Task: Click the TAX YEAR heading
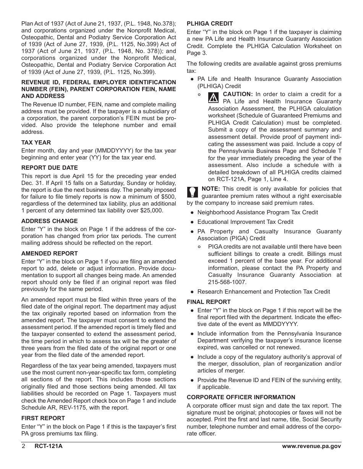click(x=36, y=142)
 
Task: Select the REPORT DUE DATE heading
click(x=49, y=168)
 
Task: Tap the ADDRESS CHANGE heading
click(x=49, y=221)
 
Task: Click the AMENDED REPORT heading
click(x=49, y=253)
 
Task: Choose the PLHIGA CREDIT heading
click(x=210, y=23)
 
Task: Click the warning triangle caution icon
click(x=213, y=98)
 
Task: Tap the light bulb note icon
click(x=193, y=192)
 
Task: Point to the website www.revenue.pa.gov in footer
click(x=311, y=447)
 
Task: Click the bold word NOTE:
click(x=210, y=189)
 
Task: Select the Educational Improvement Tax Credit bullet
click(x=245, y=222)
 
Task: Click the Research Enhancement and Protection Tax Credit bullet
click(x=263, y=292)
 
